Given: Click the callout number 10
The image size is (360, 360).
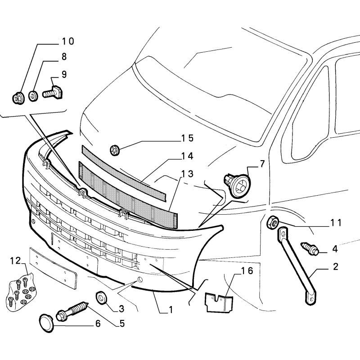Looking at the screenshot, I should [67, 41].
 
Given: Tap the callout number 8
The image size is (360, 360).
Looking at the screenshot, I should [64, 57].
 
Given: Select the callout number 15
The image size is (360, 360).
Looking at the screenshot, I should [187, 137].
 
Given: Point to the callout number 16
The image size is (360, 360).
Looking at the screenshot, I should [247, 271].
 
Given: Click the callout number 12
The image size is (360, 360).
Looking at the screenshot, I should [15, 261].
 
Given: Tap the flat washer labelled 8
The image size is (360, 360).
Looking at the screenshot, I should [33, 95].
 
